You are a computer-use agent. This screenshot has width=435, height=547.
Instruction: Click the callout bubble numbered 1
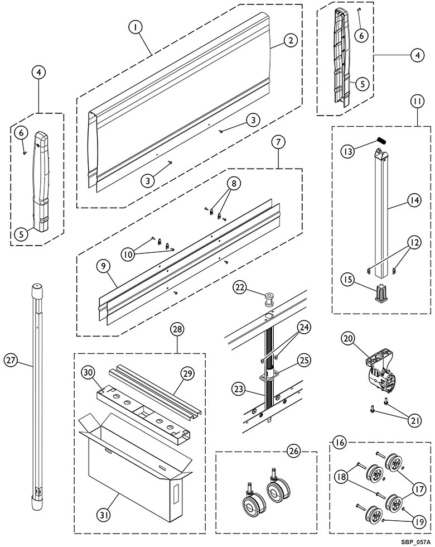point(136,27)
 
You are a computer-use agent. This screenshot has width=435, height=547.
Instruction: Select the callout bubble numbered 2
point(291,40)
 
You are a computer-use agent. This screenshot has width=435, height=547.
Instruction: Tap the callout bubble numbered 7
point(278,142)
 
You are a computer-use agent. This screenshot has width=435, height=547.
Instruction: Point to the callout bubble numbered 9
point(103,266)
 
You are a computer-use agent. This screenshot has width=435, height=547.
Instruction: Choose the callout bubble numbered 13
point(348,151)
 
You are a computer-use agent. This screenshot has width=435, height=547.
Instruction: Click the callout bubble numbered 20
point(348,338)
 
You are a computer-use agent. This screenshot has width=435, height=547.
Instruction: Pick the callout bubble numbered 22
point(241,287)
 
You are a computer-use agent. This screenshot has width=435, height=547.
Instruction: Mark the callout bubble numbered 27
point(11,359)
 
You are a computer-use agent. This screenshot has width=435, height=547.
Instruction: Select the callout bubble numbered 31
point(103,515)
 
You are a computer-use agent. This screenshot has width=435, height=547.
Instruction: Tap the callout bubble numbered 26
point(294,451)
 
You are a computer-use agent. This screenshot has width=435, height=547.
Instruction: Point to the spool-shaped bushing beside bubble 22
point(268,300)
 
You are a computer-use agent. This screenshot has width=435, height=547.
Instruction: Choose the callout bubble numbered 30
point(88,373)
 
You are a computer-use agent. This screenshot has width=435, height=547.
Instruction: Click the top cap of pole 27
point(37,289)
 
